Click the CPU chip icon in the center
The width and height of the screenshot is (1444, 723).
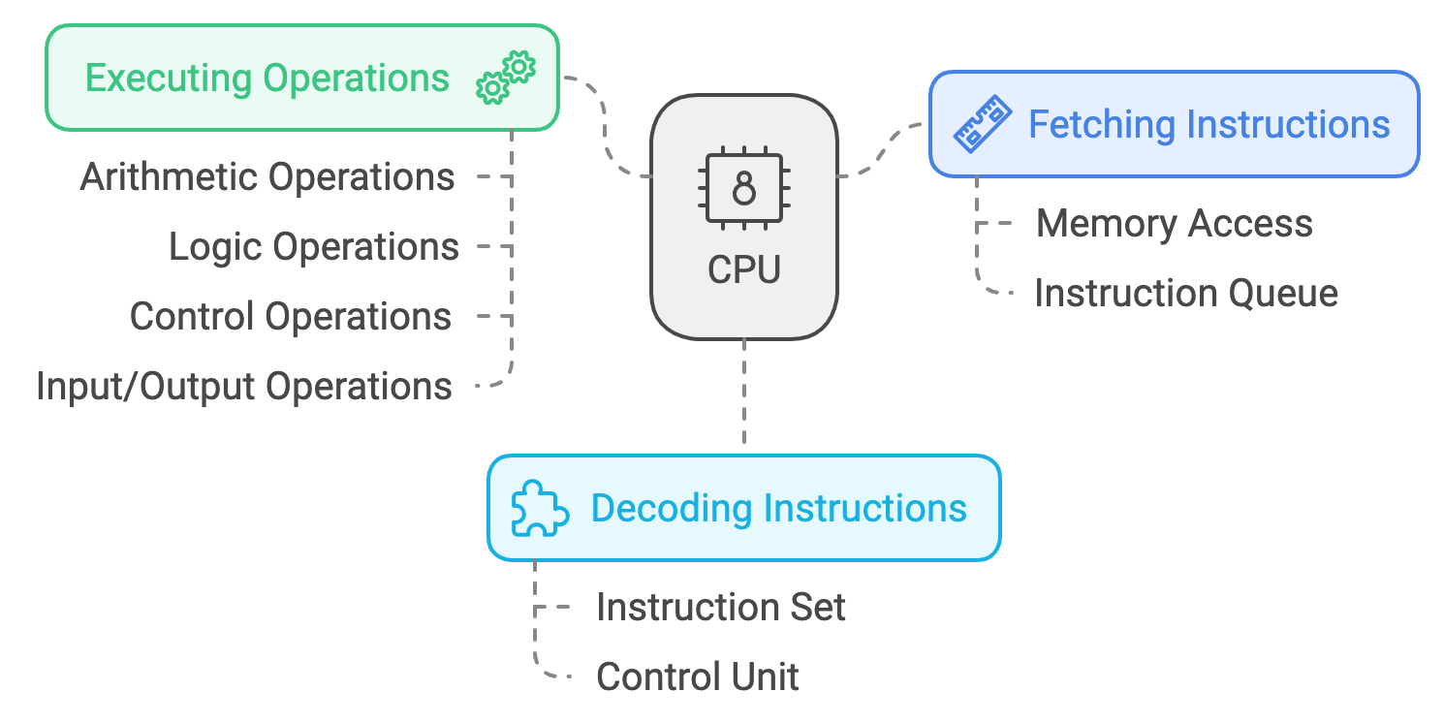(x=743, y=189)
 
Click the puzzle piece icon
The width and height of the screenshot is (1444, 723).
(x=540, y=508)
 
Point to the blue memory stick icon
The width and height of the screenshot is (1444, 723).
(x=982, y=125)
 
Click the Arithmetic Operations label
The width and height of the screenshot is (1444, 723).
(x=267, y=177)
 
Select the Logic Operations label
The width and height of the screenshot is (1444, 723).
(x=314, y=247)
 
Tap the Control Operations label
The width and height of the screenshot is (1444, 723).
(x=291, y=317)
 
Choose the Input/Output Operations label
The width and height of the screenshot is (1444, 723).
(x=244, y=387)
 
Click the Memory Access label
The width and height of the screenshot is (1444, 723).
(x=1174, y=224)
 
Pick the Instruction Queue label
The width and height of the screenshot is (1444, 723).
(x=1186, y=293)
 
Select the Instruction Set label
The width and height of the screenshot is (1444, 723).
(x=721, y=608)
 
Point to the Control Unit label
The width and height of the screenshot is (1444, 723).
(x=698, y=676)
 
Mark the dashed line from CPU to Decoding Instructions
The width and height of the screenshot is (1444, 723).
(x=743, y=393)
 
